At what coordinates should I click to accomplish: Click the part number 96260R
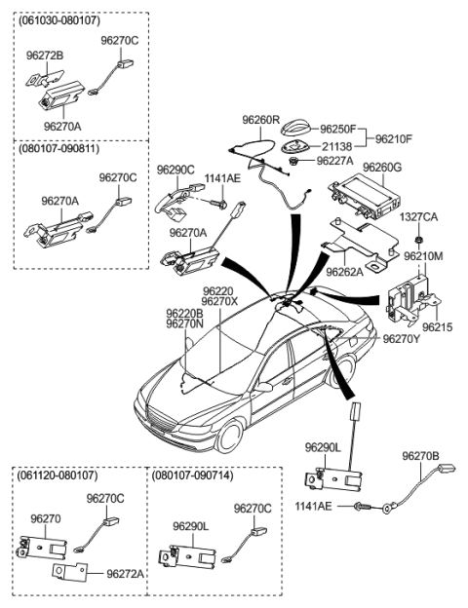(262, 120)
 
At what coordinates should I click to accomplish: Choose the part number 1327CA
(417, 219)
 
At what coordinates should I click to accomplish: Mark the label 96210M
(423, 255)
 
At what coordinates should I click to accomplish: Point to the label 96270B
(421, 455)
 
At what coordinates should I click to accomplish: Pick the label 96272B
(45, 56)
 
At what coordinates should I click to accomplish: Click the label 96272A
(123, 574)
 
